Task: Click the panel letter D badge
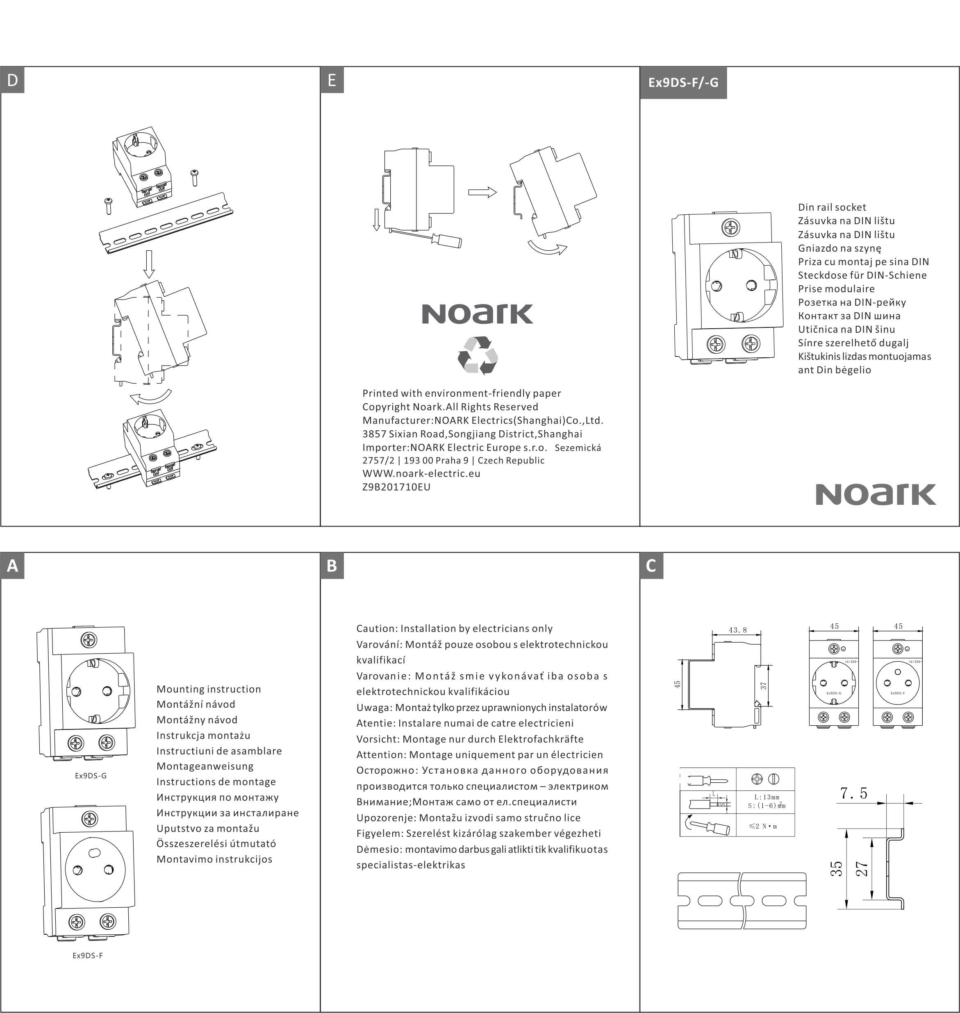pos(12,80)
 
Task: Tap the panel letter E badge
pos(332,80)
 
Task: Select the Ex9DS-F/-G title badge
pos(683,82)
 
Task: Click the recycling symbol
pos(478,355)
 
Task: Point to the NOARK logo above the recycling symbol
pos(478,314)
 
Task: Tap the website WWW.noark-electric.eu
pos(421,473)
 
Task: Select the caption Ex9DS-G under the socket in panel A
pos(91,776)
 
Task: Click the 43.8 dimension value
pos(737,630)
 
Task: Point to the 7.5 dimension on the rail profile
pos(853,793)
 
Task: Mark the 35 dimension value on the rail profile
pos(836,869)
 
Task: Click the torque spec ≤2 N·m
pos(763,826)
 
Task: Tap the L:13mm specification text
pos(767,797)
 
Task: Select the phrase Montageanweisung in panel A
pos(205,766)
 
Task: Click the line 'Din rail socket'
pos(832,207)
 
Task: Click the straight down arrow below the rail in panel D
pos(149,264)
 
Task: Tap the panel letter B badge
pos(332,566)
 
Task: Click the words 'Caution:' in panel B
pos(377,628)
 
